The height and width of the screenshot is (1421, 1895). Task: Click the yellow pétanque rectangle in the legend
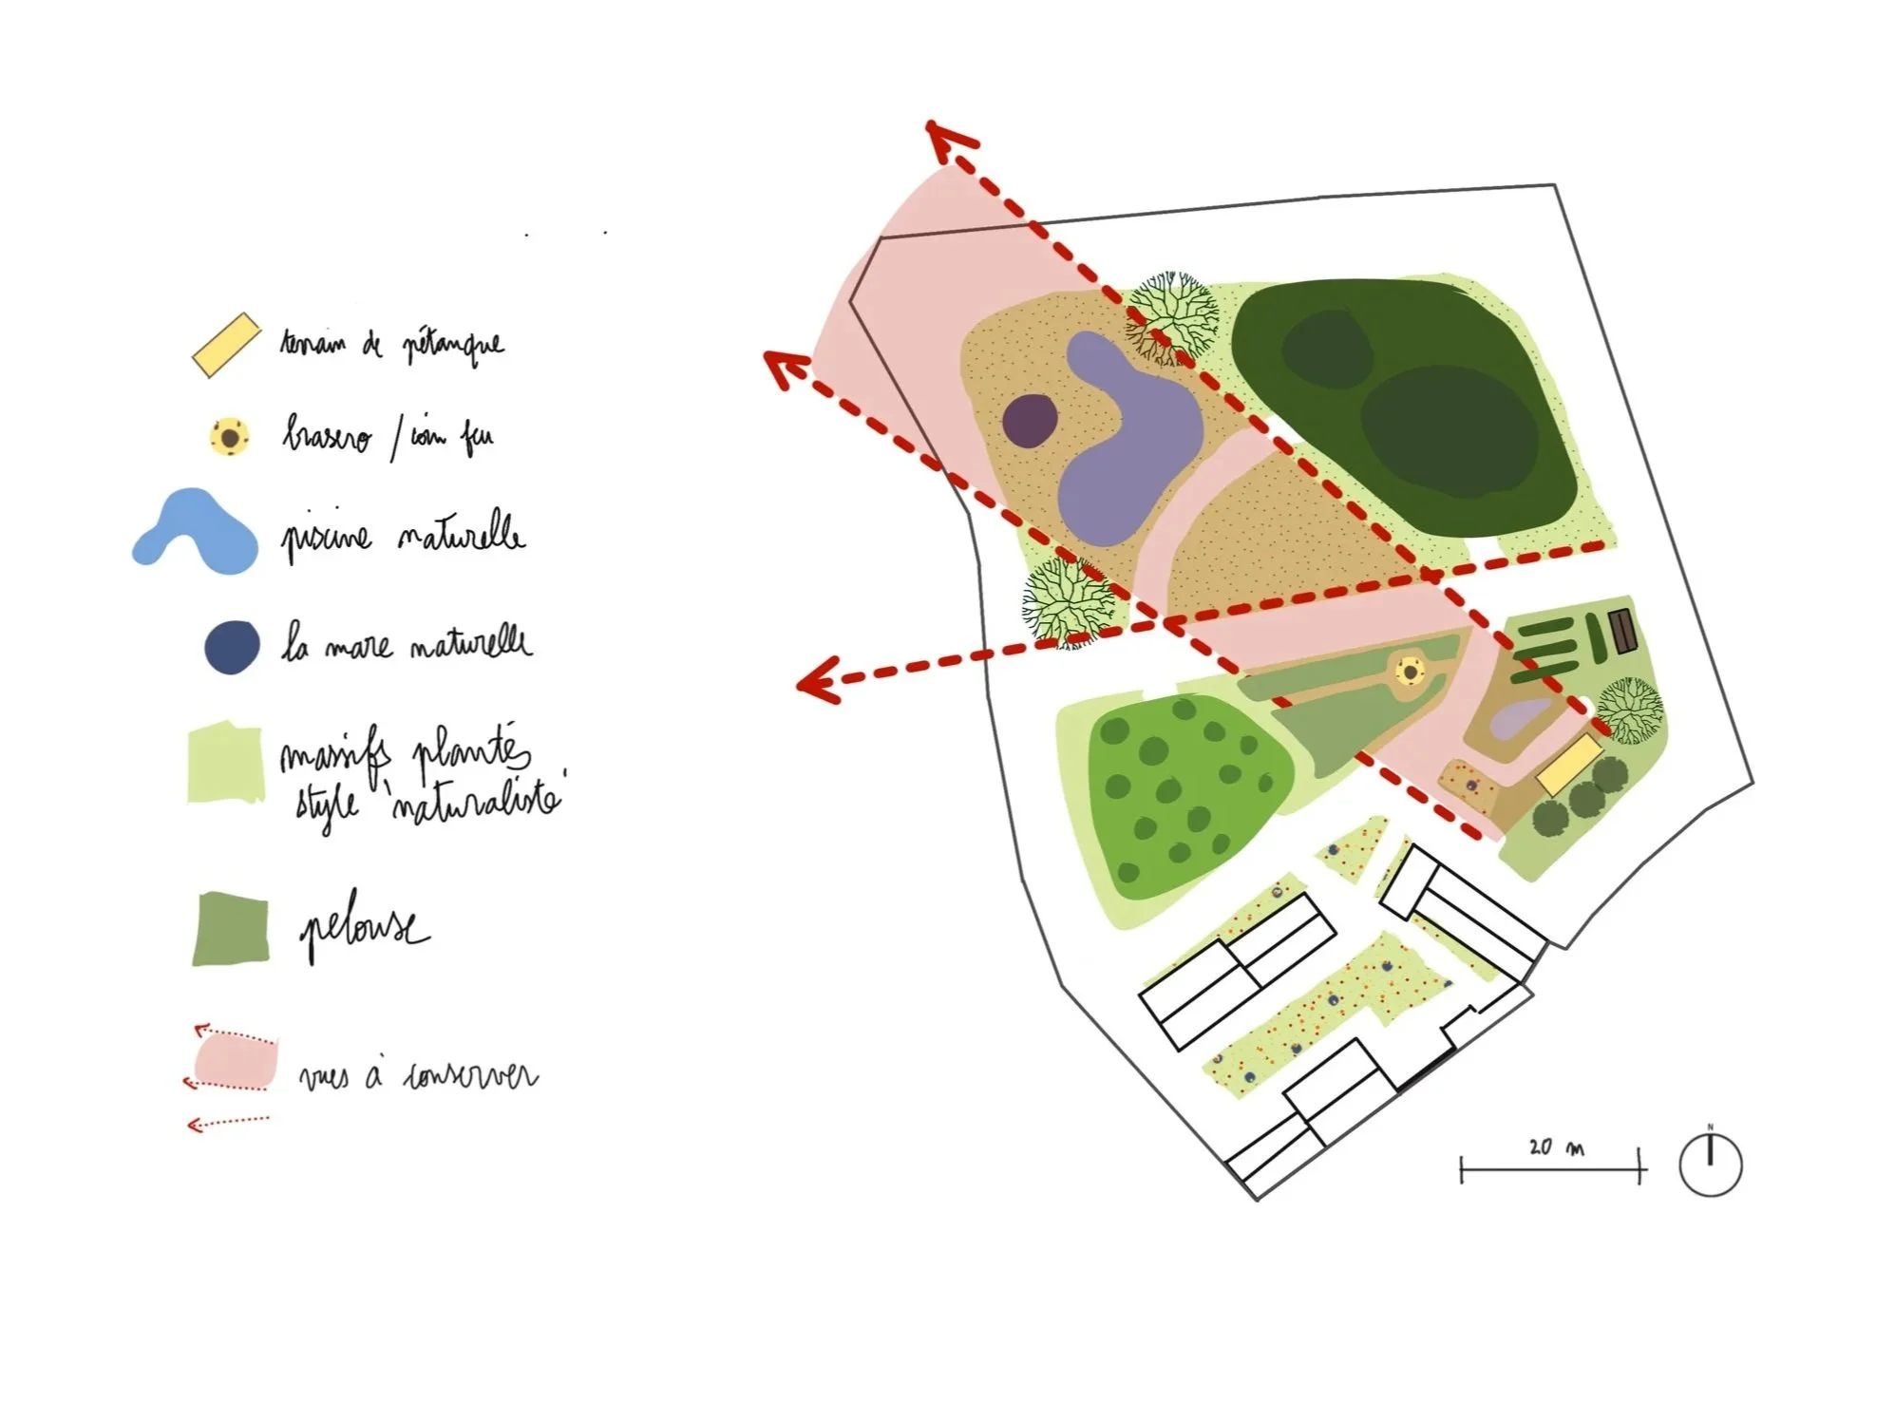click(226, 345)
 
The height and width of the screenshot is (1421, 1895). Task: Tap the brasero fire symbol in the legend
click(230, 438)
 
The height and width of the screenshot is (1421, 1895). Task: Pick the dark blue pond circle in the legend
click(232, 648)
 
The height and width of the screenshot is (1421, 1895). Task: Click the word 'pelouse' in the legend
click(364, 929)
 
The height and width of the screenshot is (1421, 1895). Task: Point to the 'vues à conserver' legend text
click(417, 1076)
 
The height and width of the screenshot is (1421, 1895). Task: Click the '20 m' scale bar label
click(1555, 1147)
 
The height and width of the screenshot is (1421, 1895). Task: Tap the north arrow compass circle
click(1709, 1165)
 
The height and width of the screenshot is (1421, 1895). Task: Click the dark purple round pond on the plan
click(1030, 420)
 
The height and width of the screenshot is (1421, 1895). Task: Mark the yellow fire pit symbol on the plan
click(1411, 673)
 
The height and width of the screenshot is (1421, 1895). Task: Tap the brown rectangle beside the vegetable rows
click(1621, 632)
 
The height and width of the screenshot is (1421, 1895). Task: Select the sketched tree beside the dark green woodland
click(1170, 317)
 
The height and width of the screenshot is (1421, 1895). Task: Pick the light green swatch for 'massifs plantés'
click(225, 763)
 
